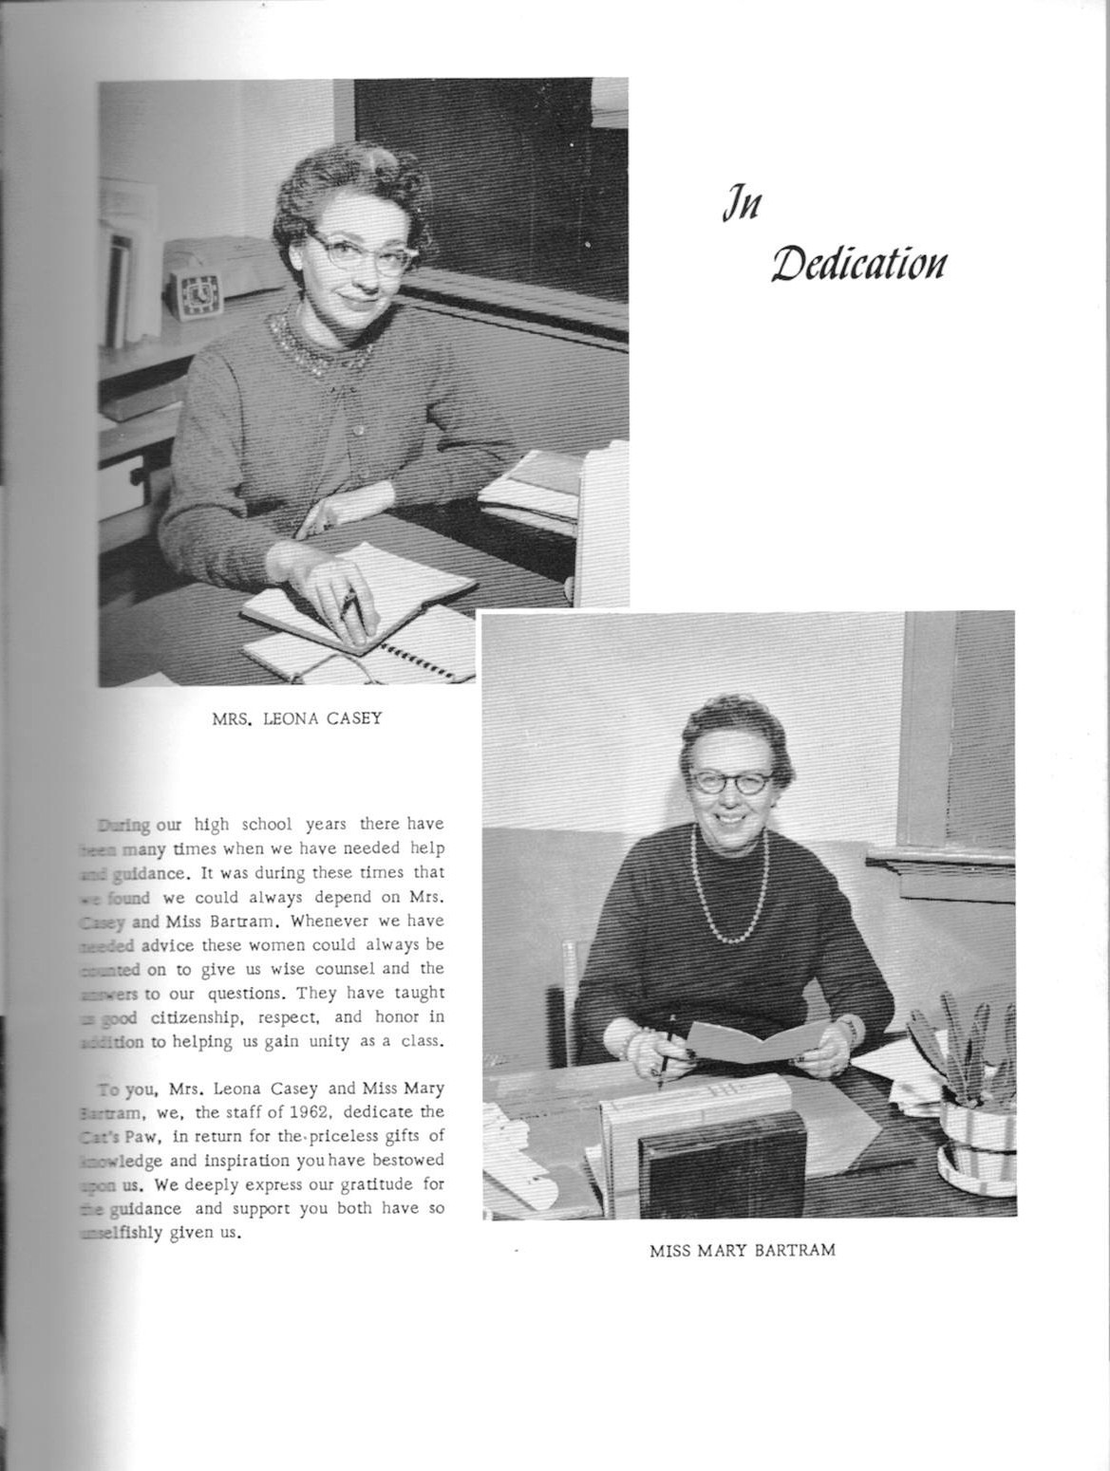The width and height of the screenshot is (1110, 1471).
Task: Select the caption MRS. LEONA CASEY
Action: [x=296, y=717]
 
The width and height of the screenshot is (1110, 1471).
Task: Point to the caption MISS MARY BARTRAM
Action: [x=743, y=1250]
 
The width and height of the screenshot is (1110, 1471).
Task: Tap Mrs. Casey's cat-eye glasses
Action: [x=348, y=251]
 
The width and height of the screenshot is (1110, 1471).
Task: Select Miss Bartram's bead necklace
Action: [x=727, y=902]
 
